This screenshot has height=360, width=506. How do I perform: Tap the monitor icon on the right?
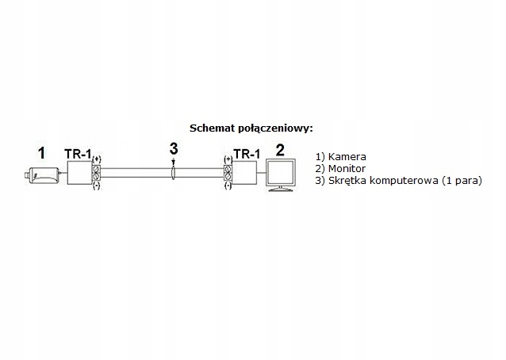point(282,174)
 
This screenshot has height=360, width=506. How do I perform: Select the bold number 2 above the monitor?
point(280,148)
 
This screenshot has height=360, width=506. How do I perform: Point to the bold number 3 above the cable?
point(174,148)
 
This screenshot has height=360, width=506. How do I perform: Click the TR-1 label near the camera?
point(77,155)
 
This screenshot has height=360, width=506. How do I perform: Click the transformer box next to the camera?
point(79,174)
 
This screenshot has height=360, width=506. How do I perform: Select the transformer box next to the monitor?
point(247,174)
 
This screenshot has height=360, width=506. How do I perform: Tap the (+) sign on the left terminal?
point(96,159)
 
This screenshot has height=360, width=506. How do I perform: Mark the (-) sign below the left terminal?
point(96,187)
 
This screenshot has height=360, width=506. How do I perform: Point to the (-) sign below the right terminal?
point(228,187)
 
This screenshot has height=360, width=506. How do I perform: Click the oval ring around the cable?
point(173,174)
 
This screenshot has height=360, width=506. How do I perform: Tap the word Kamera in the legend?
point(347,157)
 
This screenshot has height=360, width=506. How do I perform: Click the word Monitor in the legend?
point(347,169)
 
